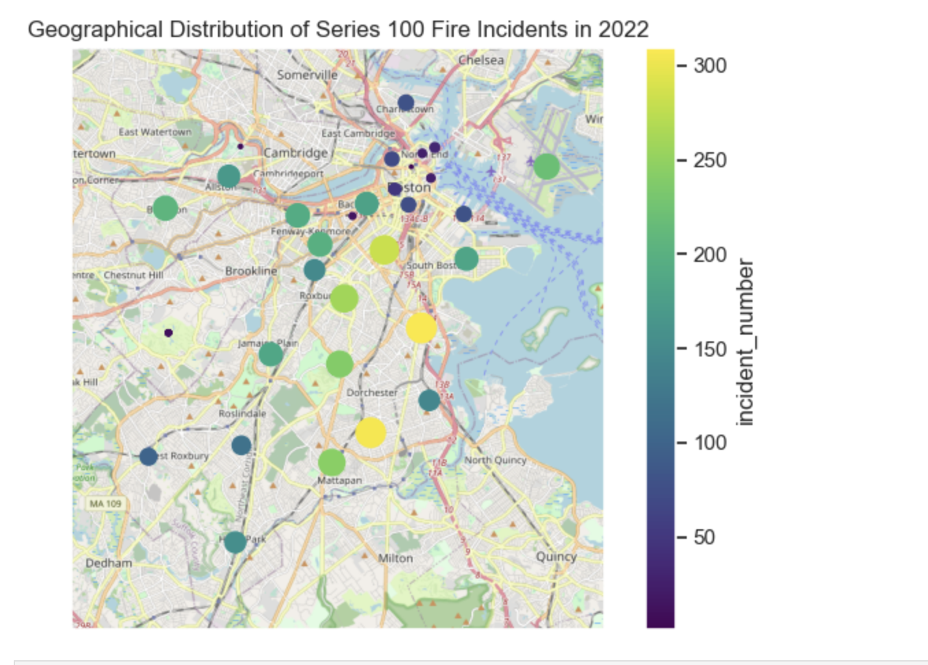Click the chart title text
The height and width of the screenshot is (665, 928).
point(338,29)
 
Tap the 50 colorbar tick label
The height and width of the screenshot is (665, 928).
point(704,537)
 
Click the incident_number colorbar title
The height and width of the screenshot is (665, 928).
point(745,343)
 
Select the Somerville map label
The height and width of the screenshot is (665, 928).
point(307,75)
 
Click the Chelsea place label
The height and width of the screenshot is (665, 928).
point(481,60)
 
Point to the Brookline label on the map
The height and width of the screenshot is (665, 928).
point(251,271)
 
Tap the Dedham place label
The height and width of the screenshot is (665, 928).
point(109,563)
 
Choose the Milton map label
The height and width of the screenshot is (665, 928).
point(395,558)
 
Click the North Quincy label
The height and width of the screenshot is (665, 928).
point(496,460)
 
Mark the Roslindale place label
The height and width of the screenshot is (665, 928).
point(242,413)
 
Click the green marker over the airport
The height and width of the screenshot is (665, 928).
point(546,166)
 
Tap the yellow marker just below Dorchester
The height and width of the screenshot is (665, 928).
point(370,433)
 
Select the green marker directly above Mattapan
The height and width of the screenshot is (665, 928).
point(331,462)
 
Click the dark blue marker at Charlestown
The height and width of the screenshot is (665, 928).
point(406,103)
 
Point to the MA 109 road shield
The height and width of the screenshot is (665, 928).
point(106,504)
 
